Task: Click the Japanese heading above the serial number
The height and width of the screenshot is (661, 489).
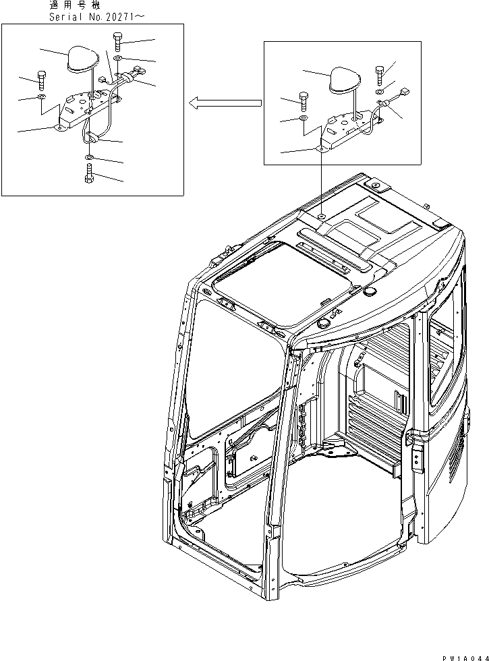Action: pyautogui.click(x=74, y=5)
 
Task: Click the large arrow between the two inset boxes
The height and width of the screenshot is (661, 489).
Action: pyautogui.click(x=224, y=103)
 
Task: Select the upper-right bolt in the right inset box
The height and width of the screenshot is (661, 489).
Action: pyautogui.click(x=380, y=73)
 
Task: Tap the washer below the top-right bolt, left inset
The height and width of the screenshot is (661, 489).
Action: pyautogui.click(x=118, y=59)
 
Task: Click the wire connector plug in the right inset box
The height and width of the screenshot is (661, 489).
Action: pyautogui.click(x=405, y=93)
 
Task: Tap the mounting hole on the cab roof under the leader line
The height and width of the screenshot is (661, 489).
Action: pyautogui.click(x=323, y=216)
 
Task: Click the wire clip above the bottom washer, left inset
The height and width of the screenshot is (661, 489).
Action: pyautogui.click(x=93, y=138)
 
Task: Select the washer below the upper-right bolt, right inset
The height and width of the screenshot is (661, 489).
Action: pyautogui.click(x=380, y=90)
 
